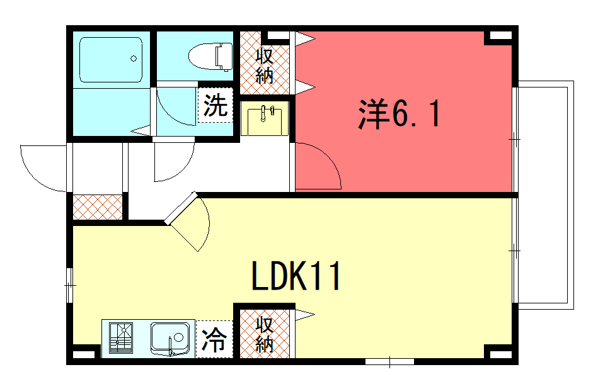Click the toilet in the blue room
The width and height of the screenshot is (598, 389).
210,57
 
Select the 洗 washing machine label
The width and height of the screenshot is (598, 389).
216,105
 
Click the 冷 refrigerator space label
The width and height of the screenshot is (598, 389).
214,339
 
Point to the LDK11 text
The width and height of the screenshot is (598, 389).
296,276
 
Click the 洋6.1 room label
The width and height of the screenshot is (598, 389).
400,113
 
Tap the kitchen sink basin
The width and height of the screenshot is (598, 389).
170,338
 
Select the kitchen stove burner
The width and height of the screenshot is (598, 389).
121,337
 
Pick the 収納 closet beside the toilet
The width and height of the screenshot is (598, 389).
265,63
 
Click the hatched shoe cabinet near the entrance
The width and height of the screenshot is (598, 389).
98,207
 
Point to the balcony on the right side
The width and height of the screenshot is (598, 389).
545,195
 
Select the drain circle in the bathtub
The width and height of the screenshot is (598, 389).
134,59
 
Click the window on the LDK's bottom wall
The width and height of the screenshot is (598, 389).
389,361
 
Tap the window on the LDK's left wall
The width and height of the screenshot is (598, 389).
69,285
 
